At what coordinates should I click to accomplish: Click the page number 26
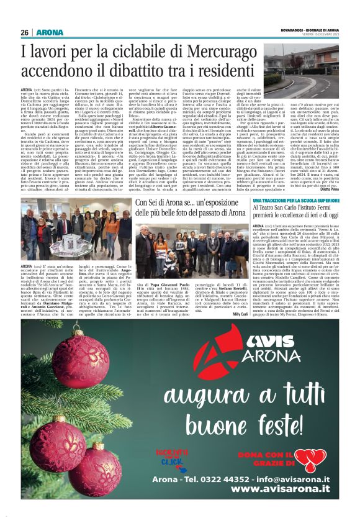[25, 32]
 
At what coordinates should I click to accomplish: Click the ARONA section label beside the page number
[47, 32]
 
